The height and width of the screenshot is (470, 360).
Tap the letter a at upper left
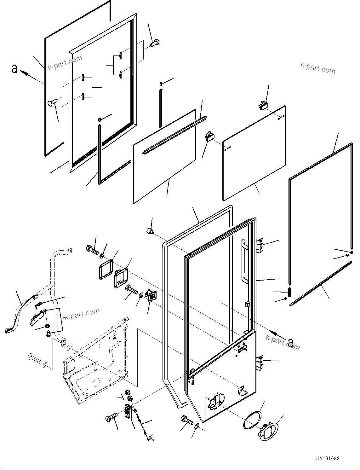[14, 68]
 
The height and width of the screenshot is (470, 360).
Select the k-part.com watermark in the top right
[318, 68]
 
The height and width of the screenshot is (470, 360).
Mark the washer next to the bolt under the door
[197, 426]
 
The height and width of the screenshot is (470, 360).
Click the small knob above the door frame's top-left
[149, 232]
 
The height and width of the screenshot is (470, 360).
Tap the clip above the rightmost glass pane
[263, 105]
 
